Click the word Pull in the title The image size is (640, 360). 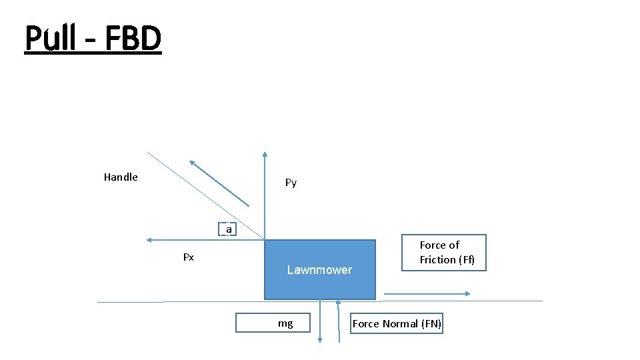pyautogui.click(x=50, y=38)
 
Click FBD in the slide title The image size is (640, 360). pyautogui.click(x=133, y=38)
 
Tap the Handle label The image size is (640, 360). pyautogui.click(x=121, y=177)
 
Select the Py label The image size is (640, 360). pyautogui.click(x=291, y=182)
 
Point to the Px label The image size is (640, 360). pyautogui.click(x=189, y=257)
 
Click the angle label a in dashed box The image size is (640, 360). pyautogui.click(x=229, y=229)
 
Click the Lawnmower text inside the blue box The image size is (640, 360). pyautogui.click(x=319, y=270)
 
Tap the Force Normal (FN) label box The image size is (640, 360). pyautogui.click(x=397, y=324)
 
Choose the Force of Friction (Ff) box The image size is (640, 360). pyautogui.click(x=443, y=253)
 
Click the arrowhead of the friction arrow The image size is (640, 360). pyautogui.click(x=468, y=294)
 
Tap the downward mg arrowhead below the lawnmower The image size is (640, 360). pyautogui.click(x=319, y=339)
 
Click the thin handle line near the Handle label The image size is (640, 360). pyautogui.click(x=167, y=169)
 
